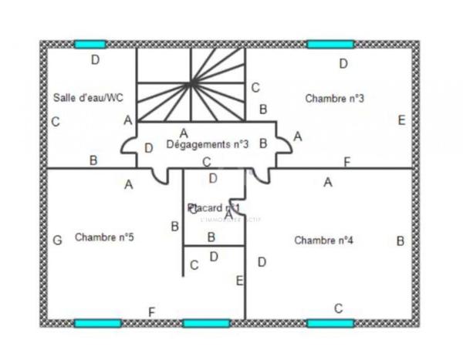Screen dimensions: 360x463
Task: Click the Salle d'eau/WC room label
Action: (x=87, y=98)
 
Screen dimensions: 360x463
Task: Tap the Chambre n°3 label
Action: (x=334, y=98)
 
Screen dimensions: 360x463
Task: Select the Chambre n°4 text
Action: (x=324, y=241)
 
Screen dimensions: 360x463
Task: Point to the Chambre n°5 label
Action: (x=105, y=237)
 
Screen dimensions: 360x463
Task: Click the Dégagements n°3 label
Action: (x=208, y=143)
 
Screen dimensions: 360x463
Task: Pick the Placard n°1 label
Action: (x=214, y=208)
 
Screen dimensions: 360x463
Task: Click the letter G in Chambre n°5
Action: (x=57, y=241)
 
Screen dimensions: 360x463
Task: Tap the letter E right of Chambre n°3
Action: (x=401, y=120)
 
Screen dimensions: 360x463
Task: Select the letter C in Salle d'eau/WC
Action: (x=56, y=122)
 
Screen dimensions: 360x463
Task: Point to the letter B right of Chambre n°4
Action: (x=400, y=241)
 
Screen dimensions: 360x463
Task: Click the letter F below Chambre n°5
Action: (x=151, y=311)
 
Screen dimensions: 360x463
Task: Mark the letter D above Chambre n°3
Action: (x=343, y=63)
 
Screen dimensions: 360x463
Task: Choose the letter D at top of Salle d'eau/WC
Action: (x=96, y=59)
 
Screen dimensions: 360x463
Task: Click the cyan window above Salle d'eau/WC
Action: (x=90, y=44)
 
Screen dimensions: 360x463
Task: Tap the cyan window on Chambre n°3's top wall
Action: (x=330, y=44)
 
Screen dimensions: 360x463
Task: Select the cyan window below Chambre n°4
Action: (x=330, y=323)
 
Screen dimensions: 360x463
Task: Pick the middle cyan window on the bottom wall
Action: (x=206, y=323)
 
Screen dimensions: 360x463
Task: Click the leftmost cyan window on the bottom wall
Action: (x=97, y=323)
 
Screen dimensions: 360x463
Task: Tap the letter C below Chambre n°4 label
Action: (x=338, y=308)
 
